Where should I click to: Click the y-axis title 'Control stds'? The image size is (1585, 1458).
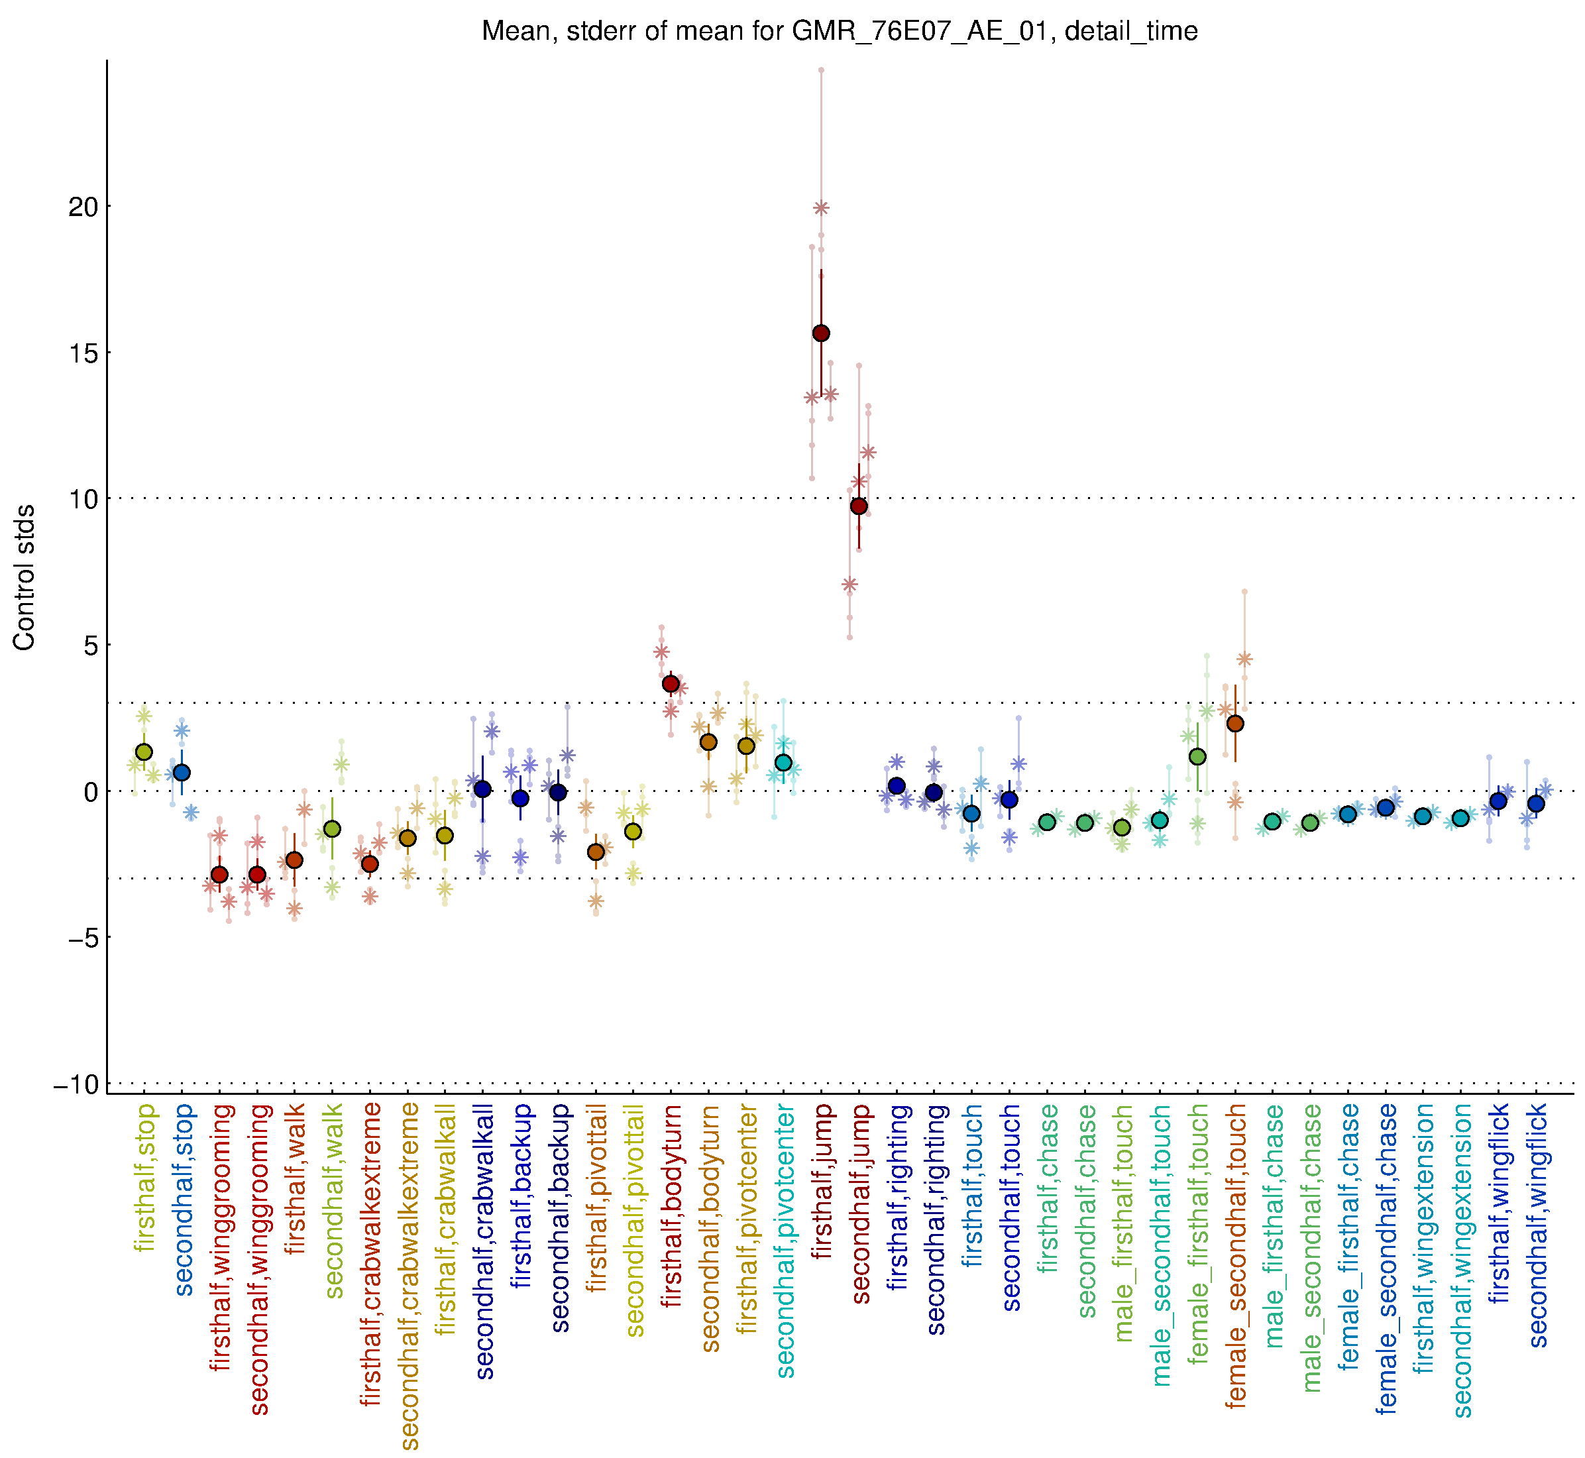(x=25, y=577)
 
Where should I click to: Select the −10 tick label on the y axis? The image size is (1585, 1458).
(x=76, y=1085)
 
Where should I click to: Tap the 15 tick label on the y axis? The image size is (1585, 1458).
(x=83, y=353)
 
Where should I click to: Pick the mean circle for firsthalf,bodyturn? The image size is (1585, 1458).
(x=671, y=683)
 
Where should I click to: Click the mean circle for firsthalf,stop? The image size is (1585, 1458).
(x=144, y=752)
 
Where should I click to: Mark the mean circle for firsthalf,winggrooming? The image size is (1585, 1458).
(x=219, y=874)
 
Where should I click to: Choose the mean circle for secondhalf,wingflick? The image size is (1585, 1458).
(x=1536, y=804)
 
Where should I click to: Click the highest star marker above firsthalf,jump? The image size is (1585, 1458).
(x=820, y=208)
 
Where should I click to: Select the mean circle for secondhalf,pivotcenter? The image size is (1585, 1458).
(x=783, y=762)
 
